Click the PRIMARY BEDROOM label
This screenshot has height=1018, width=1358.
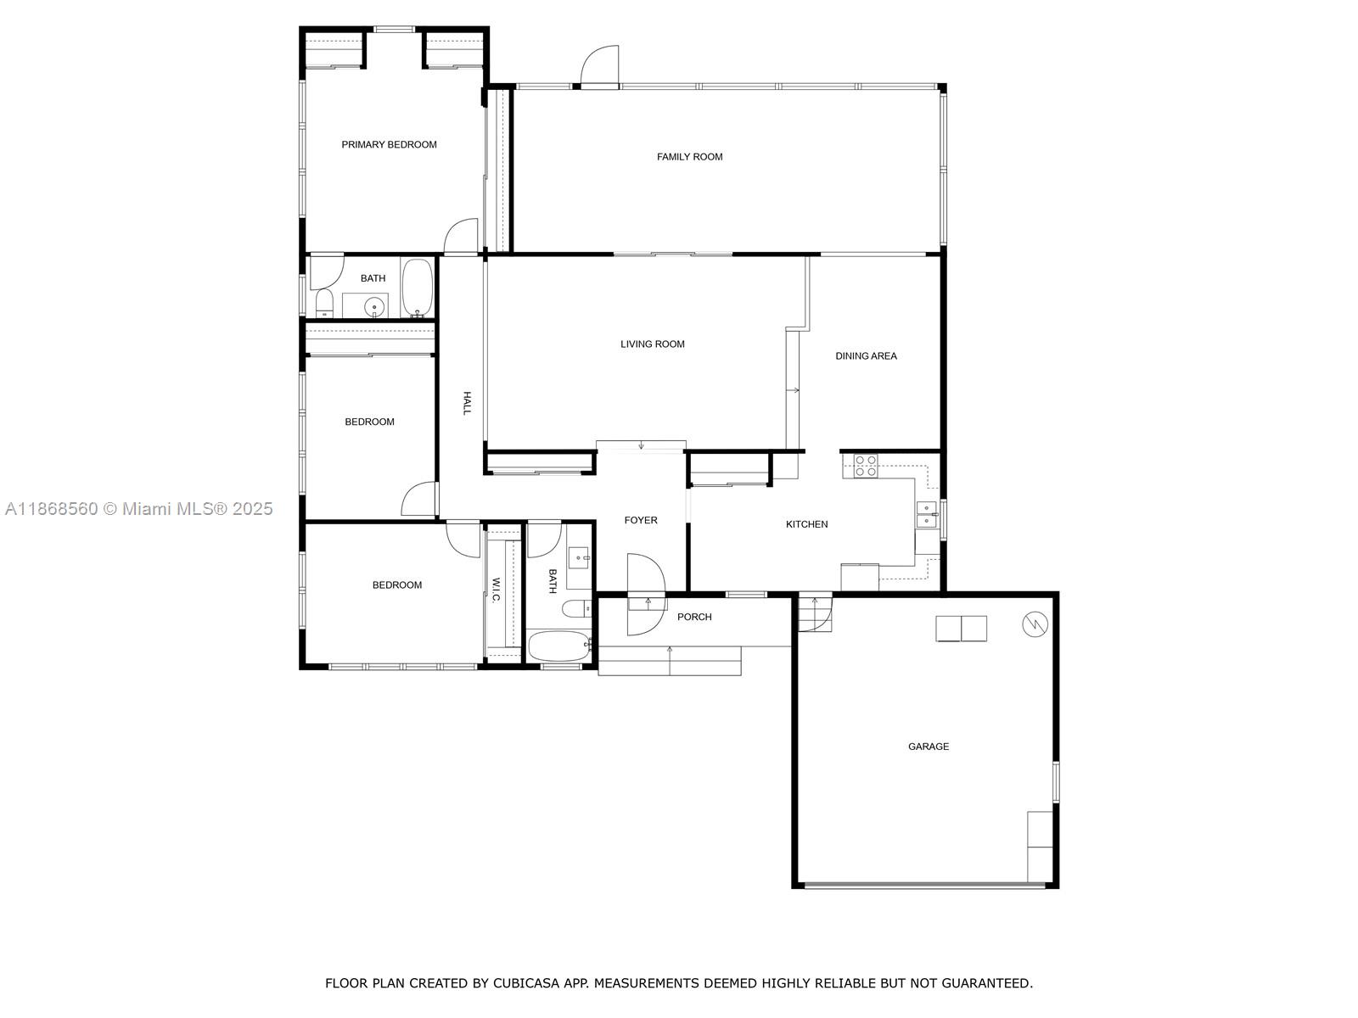389,145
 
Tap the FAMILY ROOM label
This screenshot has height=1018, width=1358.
689,157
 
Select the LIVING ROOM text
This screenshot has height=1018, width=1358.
652,344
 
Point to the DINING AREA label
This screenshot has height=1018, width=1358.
866,356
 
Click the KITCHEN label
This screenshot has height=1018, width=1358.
806,524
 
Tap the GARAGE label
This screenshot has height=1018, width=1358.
929,747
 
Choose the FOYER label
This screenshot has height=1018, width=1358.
641,521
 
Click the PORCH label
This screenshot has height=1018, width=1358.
694,618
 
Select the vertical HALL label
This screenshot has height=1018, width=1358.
466,403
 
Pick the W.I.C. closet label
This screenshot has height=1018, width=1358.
496,590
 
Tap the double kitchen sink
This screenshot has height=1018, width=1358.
926,515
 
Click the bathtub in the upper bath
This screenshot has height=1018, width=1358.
417,288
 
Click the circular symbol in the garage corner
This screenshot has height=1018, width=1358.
1035,624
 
